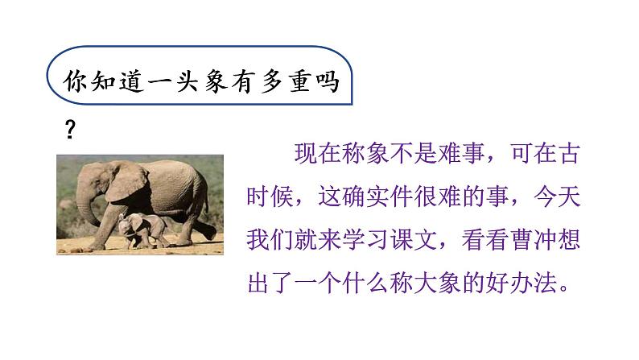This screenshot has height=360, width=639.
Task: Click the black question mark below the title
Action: click(x=69, y=131)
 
